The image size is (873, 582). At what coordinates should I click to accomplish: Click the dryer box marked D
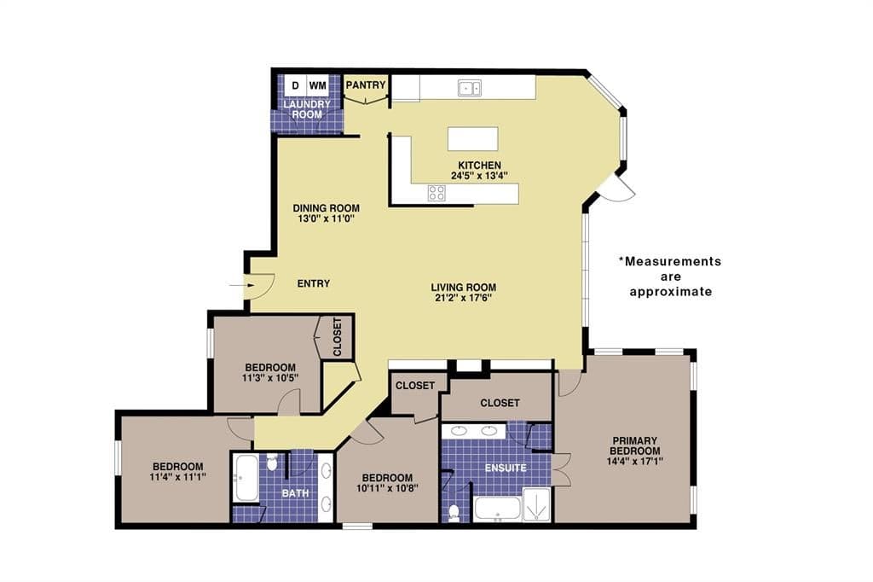[x=295, y=85]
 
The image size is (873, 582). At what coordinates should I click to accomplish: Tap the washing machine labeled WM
[x=317, y=85]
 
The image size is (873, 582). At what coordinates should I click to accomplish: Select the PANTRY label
[x=366, y=84]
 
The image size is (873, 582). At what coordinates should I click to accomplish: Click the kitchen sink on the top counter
[x=470, y=88]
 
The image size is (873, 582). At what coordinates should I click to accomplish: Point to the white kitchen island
[x=472, y=139]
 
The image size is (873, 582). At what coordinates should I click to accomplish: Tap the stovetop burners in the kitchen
[x=436, y=193]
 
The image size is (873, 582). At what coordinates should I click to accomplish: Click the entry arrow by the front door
[x=242, y=285]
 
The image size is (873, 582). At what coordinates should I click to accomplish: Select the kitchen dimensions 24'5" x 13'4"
[x=479, y=176]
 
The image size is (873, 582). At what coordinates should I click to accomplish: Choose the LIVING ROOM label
[x=463, y=287]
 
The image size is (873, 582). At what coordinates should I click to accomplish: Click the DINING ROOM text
[x=327, y=208]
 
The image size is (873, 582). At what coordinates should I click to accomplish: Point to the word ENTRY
[x=314, y=283]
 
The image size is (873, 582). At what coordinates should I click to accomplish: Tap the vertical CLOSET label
[x=338, y=337]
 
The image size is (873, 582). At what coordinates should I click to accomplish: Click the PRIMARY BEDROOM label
[x=634, y=445]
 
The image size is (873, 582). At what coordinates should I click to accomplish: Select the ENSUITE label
[x=506, y=468]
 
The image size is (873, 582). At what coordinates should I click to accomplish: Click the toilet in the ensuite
[x=454, y=512]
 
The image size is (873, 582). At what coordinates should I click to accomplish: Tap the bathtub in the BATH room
[x=246, y=478]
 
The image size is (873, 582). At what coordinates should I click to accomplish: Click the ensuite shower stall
[x=537, y=504]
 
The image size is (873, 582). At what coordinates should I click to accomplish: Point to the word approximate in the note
[x=671, y=292]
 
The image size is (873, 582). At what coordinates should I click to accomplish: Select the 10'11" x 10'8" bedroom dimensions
[x=388, y=488]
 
